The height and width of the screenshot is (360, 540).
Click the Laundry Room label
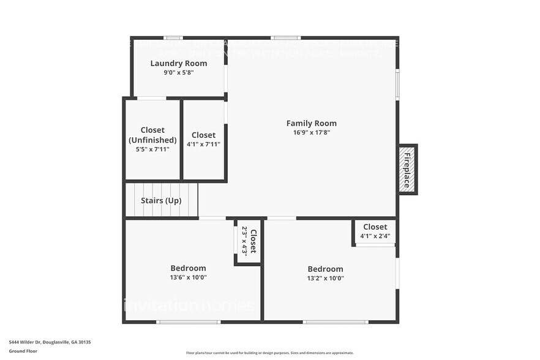tap(179, 63)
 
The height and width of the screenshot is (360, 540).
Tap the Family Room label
tap(312, 123)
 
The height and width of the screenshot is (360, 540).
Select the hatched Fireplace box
tap(408, 170)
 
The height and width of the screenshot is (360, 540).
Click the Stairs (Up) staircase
tap(162, 200)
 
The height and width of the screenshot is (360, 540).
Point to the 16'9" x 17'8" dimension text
tap(312, 132)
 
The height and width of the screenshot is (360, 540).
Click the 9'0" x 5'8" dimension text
tap(179, 73)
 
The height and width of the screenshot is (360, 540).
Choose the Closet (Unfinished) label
tap(152, 135)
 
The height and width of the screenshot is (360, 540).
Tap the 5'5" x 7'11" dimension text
tap(152, 149)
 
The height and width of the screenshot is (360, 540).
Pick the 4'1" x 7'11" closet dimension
tap(203, 144)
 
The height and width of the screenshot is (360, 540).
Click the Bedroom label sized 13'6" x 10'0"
tap(188, 268)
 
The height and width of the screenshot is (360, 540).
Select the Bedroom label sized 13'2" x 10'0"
tap(325, 269)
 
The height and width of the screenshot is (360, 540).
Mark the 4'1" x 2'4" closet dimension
tap(375, 236)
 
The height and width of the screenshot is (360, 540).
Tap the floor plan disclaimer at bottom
tap(270, 353)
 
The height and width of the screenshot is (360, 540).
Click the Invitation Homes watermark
tap(188, 304)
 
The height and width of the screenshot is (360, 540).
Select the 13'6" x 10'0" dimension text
tap(188, 277)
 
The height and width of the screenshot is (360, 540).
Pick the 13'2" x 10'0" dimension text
tap(325, 278)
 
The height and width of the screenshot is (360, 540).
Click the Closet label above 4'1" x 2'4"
tap(375, 227)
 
